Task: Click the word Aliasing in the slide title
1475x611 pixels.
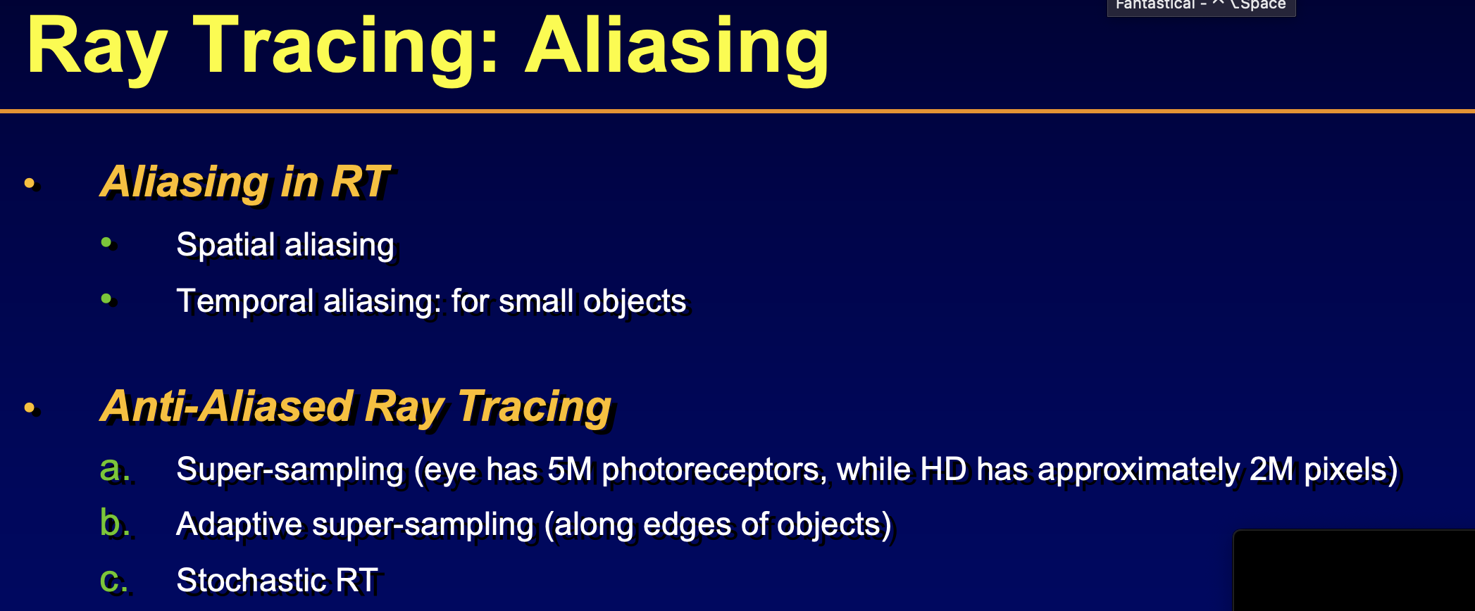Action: (677, 48)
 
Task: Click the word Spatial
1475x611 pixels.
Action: (225, 245)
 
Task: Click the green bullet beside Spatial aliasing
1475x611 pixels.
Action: (106, 243)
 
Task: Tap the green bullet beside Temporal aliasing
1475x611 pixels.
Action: (106, 298)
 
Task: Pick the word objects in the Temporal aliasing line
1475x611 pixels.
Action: (635, 301)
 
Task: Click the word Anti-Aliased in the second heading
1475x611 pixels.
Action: (227, 406)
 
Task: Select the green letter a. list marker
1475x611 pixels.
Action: (114, 469)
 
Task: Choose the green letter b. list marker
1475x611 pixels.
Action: (114, 523)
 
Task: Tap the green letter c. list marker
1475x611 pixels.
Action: (113, 581)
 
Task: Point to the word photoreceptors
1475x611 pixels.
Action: (714, 470)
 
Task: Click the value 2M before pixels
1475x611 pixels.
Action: (1271, 470)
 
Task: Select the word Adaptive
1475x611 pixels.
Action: (239, 525)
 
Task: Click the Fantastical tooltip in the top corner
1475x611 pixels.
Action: (1201, 6)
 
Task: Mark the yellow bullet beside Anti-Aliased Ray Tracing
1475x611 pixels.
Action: (30, 408)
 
